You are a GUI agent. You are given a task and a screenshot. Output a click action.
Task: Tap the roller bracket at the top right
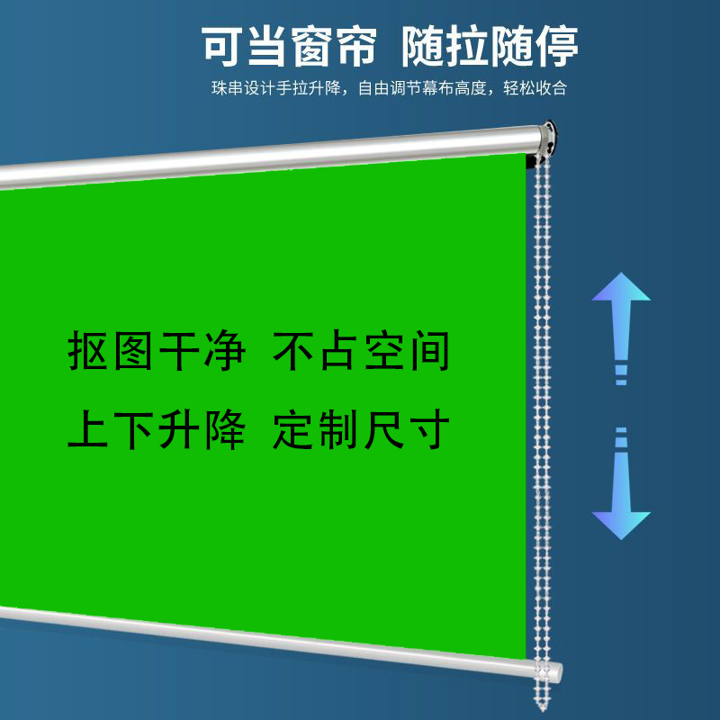(546, 140)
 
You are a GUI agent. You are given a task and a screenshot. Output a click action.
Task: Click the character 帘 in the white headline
(357, 47)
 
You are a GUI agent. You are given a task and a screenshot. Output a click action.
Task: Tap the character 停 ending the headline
(557, 47)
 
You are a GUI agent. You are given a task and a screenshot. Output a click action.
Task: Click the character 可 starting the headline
(223, 47)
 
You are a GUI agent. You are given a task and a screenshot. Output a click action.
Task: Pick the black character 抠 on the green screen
(88, 350)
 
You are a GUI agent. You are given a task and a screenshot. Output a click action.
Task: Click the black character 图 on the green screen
(133, 350)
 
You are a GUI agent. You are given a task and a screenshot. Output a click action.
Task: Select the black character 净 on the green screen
(224, 350)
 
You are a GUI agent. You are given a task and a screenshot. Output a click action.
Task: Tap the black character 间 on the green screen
(430, 350)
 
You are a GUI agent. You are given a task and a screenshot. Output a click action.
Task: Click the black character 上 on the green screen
(88, 429)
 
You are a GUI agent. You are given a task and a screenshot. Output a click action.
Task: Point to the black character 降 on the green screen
(224, 429)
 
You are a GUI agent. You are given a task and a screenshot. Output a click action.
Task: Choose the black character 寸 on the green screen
(430, 429)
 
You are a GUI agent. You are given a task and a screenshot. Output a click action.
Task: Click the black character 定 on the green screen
(293, 429)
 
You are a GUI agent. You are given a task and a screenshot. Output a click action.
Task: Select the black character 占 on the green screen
(339, 350)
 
